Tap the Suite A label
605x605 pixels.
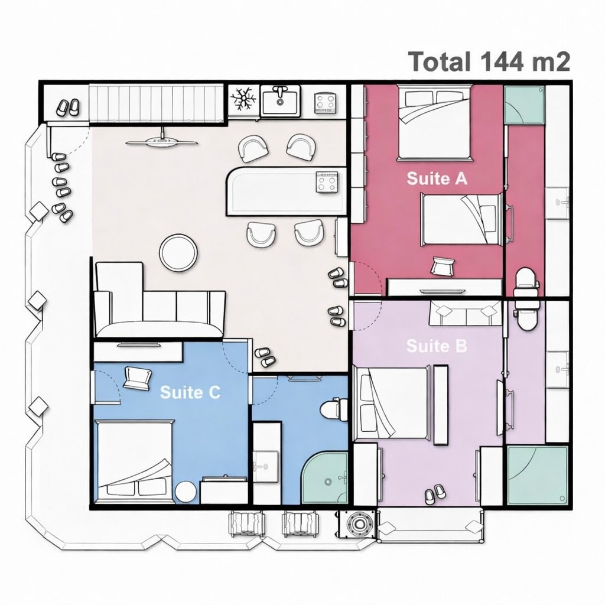point(437,178)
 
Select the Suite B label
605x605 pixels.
point(437,346)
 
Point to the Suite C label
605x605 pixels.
point(190,392)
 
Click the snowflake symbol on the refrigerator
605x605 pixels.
point(243,99)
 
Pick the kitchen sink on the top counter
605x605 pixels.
point(280,100)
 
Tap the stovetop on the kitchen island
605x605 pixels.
point(327,182)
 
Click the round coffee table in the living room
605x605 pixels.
point(178,253)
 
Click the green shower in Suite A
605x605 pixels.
point(525,105)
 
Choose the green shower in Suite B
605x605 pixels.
point(538,476)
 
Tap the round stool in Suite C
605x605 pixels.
point(186,492)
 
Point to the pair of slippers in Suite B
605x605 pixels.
point(435,495)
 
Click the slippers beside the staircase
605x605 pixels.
point(68,108)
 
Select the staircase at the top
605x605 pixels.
point(156,104)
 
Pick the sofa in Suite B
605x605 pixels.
point(466,313)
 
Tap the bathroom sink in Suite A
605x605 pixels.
point(557,203)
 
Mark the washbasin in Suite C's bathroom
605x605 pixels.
point(265,467)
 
